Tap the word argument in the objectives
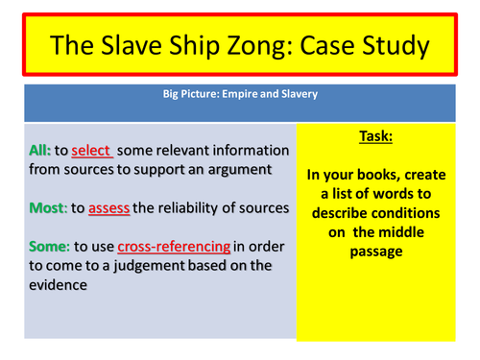coord(236,170)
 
